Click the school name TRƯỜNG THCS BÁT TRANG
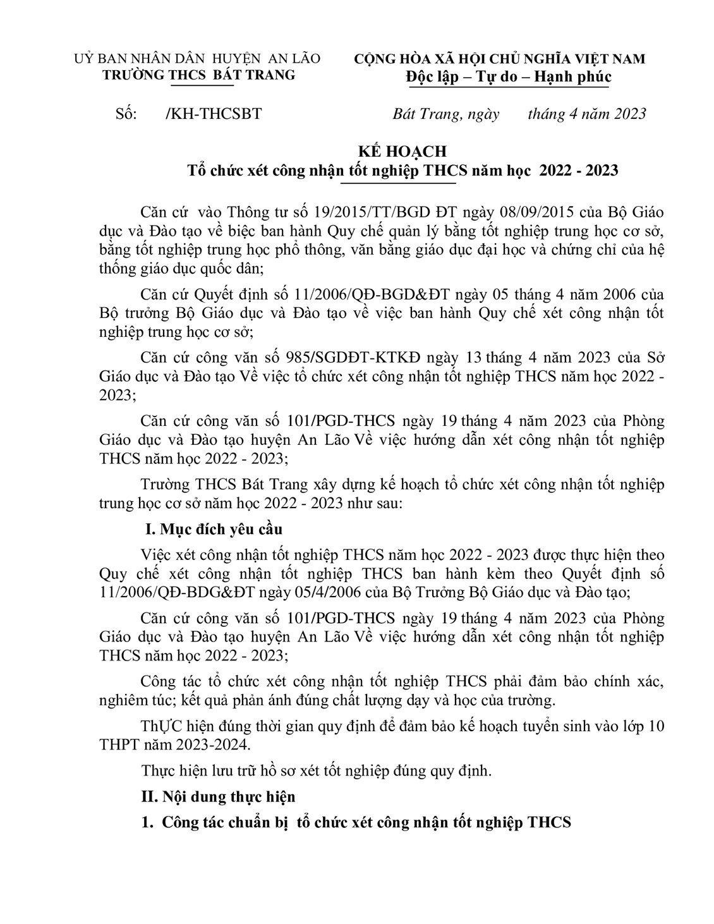(x=198, y=75)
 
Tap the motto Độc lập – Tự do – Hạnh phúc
(x=508, y=77)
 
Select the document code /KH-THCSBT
(x=212, y=114)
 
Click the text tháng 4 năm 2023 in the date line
(x=587, y=114)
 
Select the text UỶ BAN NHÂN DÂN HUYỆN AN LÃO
(x=197, y=59)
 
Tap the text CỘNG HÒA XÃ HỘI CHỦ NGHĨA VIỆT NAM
(x=500, y=59)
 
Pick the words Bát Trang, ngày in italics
(x=446, y=114)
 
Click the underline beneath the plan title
(x=397, y=183)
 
